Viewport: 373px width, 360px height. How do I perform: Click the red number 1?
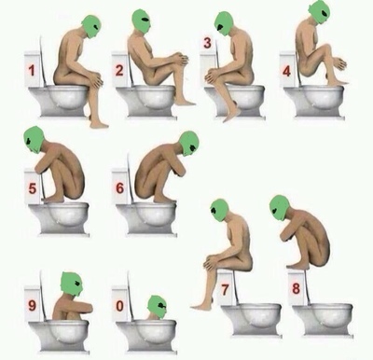pos(31,71)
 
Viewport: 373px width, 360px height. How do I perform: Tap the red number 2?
pos(119,71)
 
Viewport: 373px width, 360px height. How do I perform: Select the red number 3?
pos(207,43)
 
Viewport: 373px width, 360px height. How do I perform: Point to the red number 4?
pos(286,71)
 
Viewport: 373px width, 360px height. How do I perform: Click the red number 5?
pos(33,188)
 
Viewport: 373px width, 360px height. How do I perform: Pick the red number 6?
pos(119,188)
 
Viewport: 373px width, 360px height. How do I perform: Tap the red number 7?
pos(225,290)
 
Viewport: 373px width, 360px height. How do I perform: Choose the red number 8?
pos(296,289)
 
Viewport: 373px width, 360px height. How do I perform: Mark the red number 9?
pos(32,306)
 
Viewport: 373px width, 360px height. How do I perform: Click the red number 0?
pos(119,306)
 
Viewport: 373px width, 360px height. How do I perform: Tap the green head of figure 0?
pos(157,307)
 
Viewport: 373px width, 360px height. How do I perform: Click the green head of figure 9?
pos(72,284)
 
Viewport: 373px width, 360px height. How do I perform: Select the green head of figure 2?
pos(142,21)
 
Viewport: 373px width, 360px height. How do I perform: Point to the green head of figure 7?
pos(220,210)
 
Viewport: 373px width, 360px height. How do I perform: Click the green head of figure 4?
pos(319,11)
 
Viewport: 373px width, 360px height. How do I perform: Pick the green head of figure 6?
pos(188,144)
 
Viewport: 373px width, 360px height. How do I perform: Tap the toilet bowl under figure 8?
pos(323,320)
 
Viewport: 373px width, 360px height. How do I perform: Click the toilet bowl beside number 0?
pos(146,334)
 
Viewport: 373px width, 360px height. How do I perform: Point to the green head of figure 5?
pos(34,140)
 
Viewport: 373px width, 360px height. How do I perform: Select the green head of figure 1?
pos(91,26)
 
